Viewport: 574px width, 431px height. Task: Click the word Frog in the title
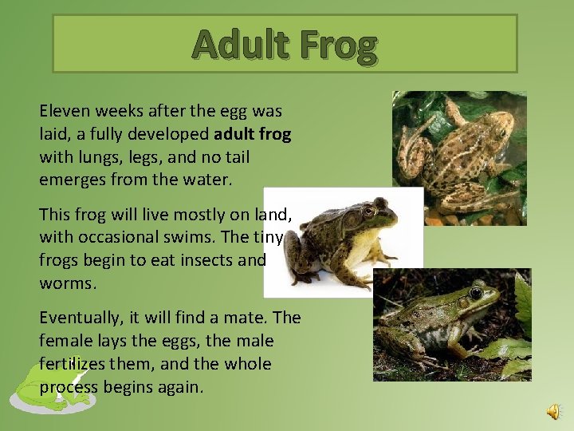pyautogui.click(x=338, y=45)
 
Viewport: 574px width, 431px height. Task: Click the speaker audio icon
pyautogui.click(x=552, y=410)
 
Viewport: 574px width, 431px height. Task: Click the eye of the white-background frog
pyautogui.click(x=368, y=212)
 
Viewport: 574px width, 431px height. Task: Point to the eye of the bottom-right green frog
pyautogui.click(x=475, y=294)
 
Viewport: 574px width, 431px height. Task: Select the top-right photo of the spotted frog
pyautogui.click(x=459, y=157)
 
